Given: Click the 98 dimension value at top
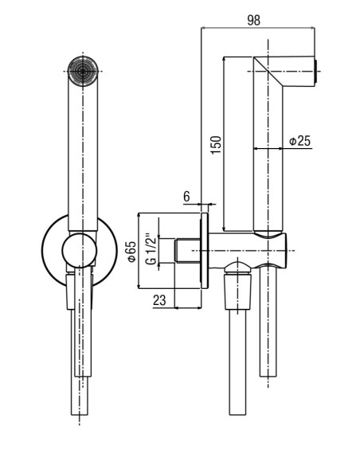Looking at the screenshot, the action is click(x=253, y=20).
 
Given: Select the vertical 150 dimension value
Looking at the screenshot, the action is click(x=216, y=145).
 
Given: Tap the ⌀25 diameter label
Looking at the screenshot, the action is click(x=300, y=141).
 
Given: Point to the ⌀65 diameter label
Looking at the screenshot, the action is click(x=131, y=251).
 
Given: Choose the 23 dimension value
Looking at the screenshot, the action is click(x=159, y=300).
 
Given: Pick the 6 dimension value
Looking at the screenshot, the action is click(x=186, y=197).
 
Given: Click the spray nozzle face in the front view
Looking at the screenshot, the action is click(x=83, y=71).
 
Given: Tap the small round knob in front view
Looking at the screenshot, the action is click(x=80, y=251).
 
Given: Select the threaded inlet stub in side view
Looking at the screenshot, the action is click(x=187, y=251).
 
